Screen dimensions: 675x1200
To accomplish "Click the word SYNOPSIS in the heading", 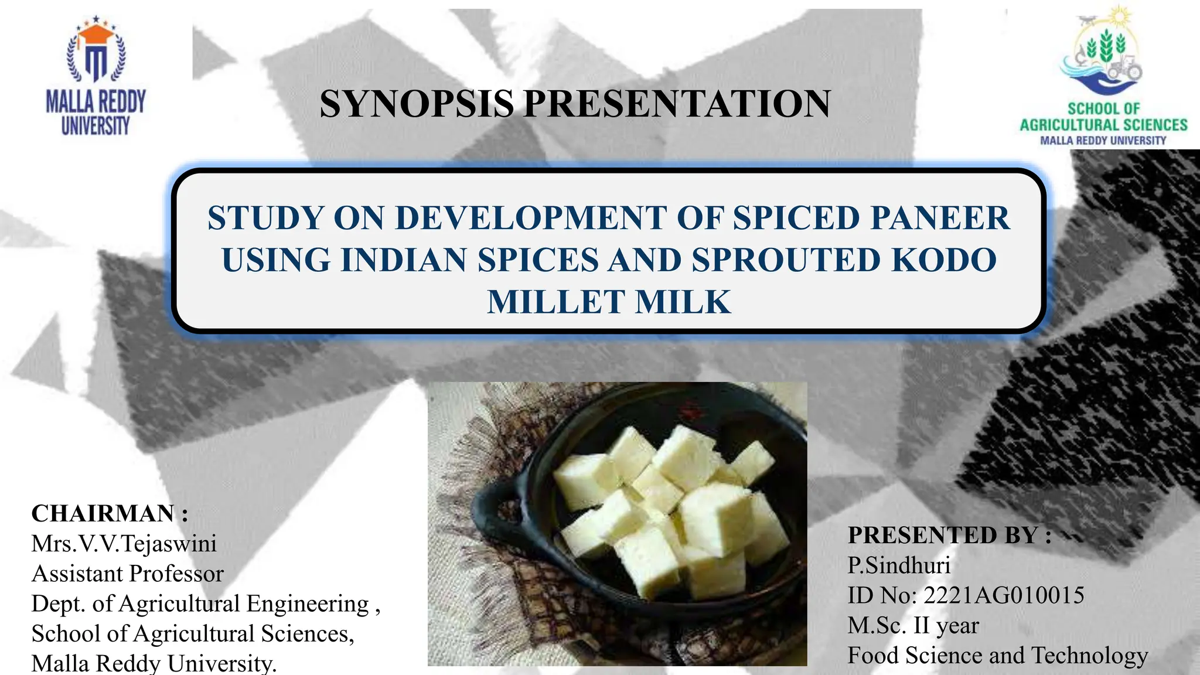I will [417, 104].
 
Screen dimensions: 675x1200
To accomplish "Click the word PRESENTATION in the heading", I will [677, 104].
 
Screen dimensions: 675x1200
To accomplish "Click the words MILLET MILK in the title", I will [609, 302].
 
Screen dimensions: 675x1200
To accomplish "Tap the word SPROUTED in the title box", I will [786, 260].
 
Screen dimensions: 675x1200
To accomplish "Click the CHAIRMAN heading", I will [110, 513].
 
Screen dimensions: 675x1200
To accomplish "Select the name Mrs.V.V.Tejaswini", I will [124, 544].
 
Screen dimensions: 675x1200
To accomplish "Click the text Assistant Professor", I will [128, 574].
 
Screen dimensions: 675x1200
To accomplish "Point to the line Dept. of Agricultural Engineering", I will [205, 604].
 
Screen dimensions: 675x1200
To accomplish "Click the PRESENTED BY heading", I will [949, 535].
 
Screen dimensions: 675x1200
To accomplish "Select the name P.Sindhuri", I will [899, 565].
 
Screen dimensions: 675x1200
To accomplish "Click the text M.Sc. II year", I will [913, 626].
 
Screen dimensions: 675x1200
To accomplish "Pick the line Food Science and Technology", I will [997, 656].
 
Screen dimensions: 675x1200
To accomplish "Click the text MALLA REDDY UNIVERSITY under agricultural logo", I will [1103, 141].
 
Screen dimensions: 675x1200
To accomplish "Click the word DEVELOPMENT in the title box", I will [531, 218].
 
